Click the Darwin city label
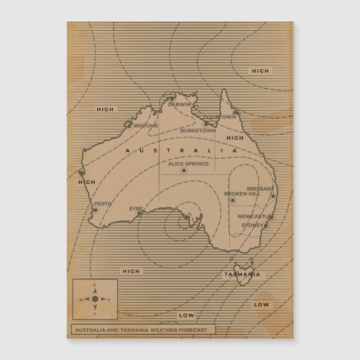[179, 105]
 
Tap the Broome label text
[146, 126]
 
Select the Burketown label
[198, 130]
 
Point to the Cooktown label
[220, 117]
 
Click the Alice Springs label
[188, 164]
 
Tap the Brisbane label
[260, 189]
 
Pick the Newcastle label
[254, 216]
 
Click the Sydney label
[252, 225]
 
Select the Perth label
[103, 204]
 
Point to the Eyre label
[136, 209]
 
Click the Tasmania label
[242, 274]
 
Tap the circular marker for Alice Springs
[184, 170]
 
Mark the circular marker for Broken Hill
[233, 200]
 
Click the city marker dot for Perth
[96, 210]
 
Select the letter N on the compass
[94, 286]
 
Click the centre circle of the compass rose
[94, 299]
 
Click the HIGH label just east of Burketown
[235, 138]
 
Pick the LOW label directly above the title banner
[187, 315]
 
